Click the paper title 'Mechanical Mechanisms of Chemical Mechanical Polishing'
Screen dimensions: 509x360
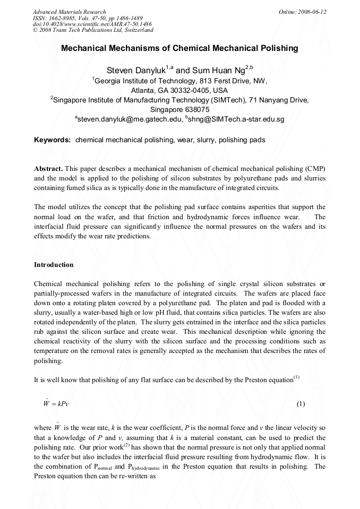[179, 48]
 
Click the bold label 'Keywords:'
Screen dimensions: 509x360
[53, 140]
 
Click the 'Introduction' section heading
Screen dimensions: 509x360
[54, 264]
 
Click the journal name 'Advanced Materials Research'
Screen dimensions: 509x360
[69, 12]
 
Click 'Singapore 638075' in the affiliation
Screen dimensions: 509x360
[179, 109]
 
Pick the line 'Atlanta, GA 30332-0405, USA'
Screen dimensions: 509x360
[179, 90]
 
